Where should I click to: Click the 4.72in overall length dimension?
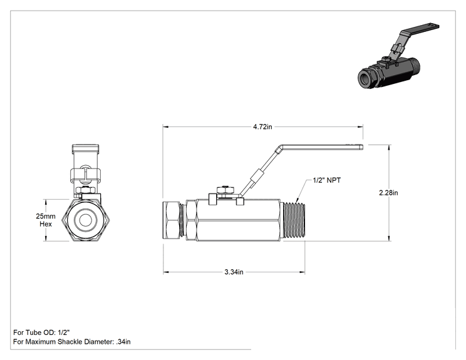pyautogui.click(x=262, y=127)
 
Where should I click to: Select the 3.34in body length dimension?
pyautogui.click(x=234, y=272)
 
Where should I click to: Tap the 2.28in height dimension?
pyautogui.click(x=388, y=193)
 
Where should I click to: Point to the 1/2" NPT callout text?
pyautogui.click(x=326, y=180)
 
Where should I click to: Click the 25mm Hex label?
pyautogui.click(x=46, y=220)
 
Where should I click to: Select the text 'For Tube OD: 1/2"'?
pyautogui.click(x=41, y=332)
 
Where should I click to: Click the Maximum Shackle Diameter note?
pyautogui.click(x=71, y=342)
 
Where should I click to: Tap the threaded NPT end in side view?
pyautogui.click(x=294, y=220)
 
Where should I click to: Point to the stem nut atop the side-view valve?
pyautogui.click(x=226, y=190)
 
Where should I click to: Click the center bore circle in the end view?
pyautogui.click(x=86, y=220)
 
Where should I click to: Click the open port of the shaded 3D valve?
pyautogui.click(x=365, y=78)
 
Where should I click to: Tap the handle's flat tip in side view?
pyautogui.click(x=361, y=147)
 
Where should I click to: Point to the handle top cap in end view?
pyautogui.click(x=86, y=148)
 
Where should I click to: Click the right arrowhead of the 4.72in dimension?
pyautogui.click(x=360, y=127)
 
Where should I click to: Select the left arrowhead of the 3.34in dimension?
pyautogui.click(x=166, y=272)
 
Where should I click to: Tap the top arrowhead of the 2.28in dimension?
pyautogui.click(x=389, y=148)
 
